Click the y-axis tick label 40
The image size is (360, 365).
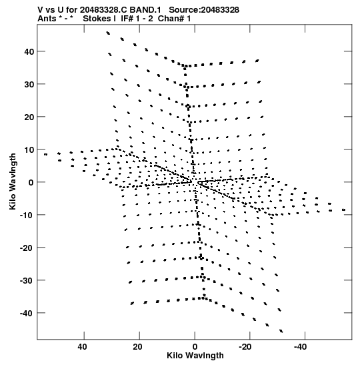[x=29, y=51]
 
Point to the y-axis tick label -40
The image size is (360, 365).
[x=27, y=313]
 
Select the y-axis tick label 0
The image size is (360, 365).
[x=31, y=182]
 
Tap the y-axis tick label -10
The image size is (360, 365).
[x=27, y=215]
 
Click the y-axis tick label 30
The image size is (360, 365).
[x=29, y=84]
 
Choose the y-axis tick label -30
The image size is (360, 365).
[x=27, y=280]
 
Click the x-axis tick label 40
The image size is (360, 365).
[x=83, y=347]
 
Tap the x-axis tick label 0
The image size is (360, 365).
[x=195, y=347]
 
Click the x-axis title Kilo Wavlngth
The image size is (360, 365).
[x=195, y=356]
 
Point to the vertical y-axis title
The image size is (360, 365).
[x=13, y=181]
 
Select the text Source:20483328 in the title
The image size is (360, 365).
[x=204, y=10]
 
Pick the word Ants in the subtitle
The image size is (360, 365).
[x=47, y=19]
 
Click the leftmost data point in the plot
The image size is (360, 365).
[x=45, y=154]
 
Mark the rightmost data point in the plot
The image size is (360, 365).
[x=344, y=210]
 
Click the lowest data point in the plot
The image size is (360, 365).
[x=281, y=331]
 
